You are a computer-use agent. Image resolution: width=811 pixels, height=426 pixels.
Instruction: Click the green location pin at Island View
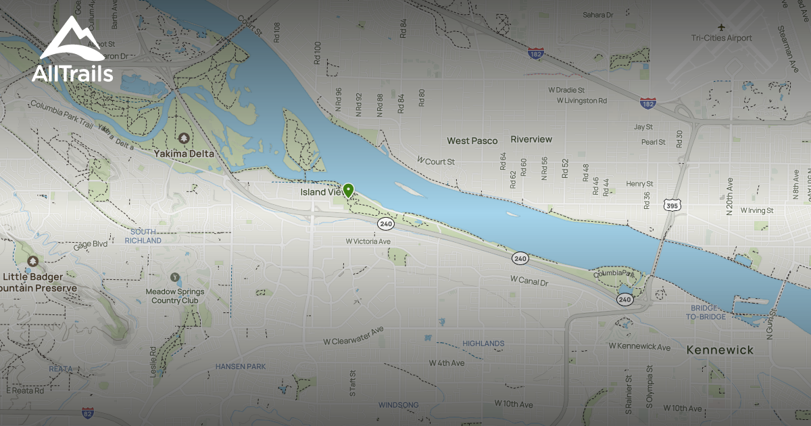click(348, 190)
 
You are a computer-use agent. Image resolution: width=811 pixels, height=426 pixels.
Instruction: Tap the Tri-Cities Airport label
click(721, 39)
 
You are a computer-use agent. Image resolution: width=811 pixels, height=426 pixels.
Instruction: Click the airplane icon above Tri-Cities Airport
click(722, 27)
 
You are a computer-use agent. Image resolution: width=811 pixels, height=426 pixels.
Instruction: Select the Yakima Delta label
click(183, 153)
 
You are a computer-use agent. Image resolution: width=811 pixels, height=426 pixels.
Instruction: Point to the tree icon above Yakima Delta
click(184, 139)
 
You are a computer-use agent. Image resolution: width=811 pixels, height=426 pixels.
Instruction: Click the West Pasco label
click(472, 141)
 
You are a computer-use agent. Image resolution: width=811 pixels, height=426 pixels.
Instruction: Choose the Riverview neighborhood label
click(531, 139)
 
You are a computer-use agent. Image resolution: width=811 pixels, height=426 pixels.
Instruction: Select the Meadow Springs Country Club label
click(175, 295)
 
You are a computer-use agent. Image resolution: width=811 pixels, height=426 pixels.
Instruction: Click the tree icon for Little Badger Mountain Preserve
click(32, 261)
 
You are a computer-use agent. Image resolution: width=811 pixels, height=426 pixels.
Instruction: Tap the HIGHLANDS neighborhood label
click(483, 344)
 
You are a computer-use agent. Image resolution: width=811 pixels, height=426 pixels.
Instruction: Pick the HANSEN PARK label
click(241, 366)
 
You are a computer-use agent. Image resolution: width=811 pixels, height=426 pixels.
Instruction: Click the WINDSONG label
click(398, 405)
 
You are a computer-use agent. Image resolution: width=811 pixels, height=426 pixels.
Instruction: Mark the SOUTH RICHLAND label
click(143, 236)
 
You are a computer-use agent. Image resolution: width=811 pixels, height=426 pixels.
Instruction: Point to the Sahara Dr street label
click(598, 14)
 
